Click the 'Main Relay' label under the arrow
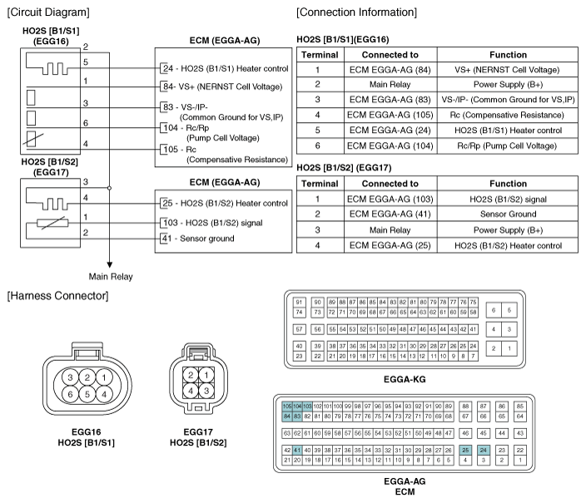tap(110, 277)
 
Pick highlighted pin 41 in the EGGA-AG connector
tap(298, 449)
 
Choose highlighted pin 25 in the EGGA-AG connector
tap(465, 449)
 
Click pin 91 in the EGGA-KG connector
tap(298, 301)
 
